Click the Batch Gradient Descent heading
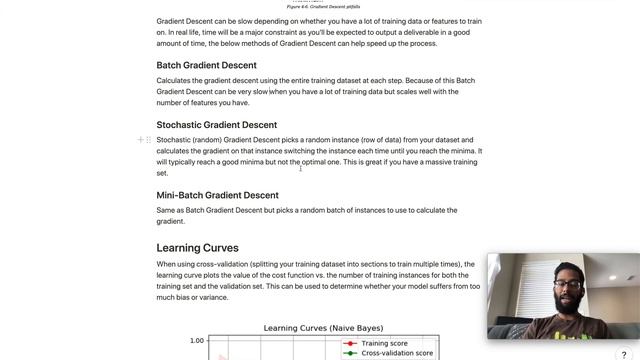[206, 66]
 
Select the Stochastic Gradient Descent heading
[216, 125]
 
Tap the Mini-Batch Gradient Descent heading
[217, 195]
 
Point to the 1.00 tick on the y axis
[197, 341]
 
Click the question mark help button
[624, 354]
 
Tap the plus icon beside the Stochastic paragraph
[140, 140]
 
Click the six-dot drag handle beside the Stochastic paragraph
[149, 140]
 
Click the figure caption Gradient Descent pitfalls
[323, 6]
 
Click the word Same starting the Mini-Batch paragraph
[167, 210]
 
